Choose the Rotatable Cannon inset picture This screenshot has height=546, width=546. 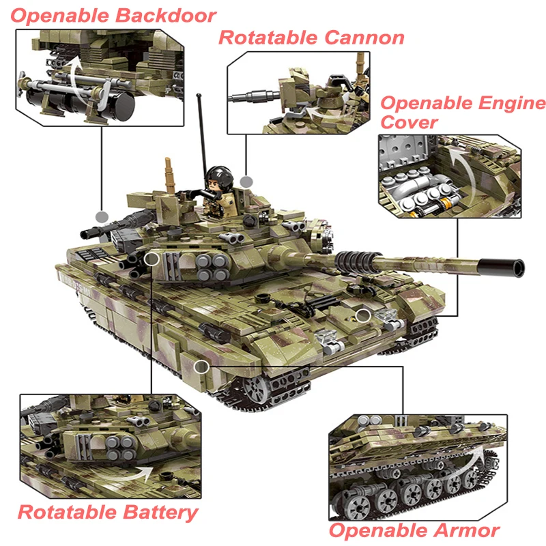click(x=298, y=91)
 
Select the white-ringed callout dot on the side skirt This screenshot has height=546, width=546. click(x=200, y=367)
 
